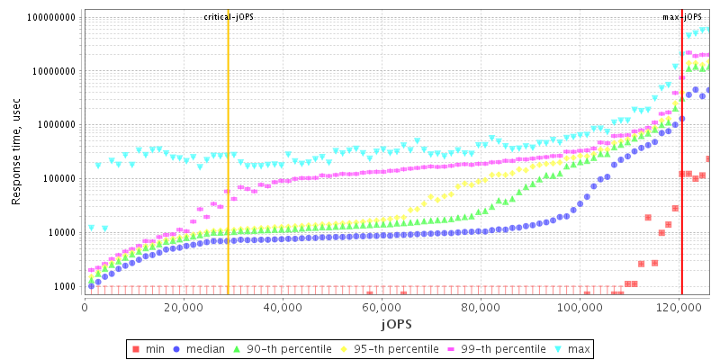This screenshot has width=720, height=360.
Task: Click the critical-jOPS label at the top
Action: (229, 17)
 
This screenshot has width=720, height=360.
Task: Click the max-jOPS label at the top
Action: (682, 17)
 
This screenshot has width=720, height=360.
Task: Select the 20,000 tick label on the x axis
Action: (184, 307)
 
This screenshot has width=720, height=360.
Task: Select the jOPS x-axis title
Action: (396, 323)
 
